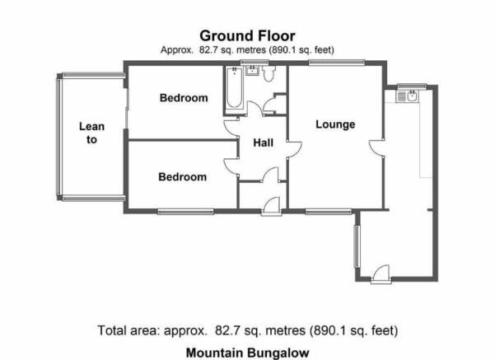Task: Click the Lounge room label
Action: click(335, 124)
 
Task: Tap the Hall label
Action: click(263, 143)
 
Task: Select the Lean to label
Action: click(91, 133)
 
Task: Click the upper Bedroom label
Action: click(184, 98)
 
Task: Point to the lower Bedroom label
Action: click(183, 177)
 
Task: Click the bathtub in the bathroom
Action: click(234, 88)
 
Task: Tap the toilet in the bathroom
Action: click(269, 73)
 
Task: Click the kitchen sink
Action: click(407, 96)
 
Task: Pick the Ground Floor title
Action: click(247, 35)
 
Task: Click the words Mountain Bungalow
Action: click(247, 353)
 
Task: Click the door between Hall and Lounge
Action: click(295, 149)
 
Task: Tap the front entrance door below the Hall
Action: click(272, 206)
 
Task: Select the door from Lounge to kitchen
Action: click(376, 147)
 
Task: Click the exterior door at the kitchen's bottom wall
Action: click(381, 274)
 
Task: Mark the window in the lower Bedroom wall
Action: click(185, 212)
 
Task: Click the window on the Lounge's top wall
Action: click(337, 63)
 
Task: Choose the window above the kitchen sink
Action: click(412, 86)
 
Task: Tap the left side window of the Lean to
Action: click(58, 137)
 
